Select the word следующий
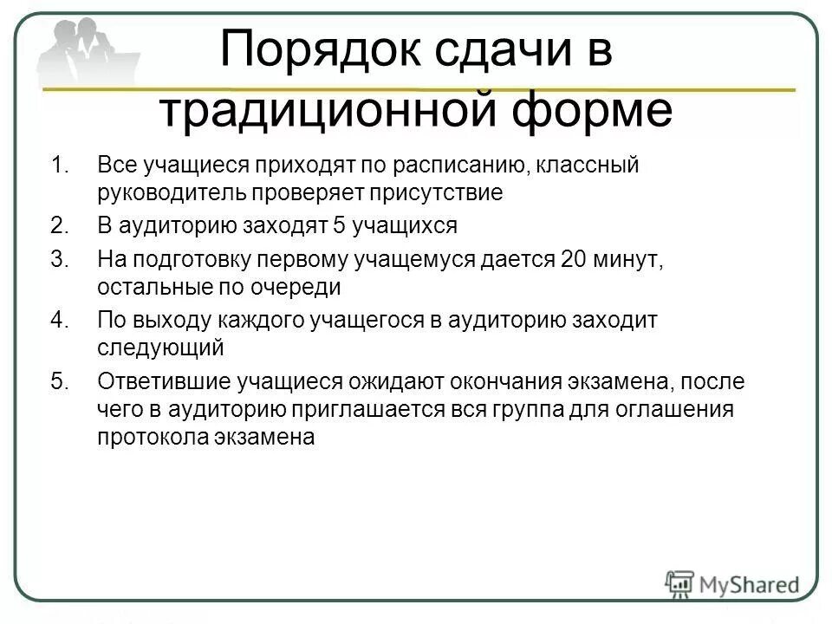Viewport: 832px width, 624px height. (x=160, y=348)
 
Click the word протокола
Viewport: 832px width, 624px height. (x=153, y=437)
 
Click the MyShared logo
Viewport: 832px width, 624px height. (x=733, y=583)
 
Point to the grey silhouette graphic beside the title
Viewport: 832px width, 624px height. (x=87, y=52)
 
